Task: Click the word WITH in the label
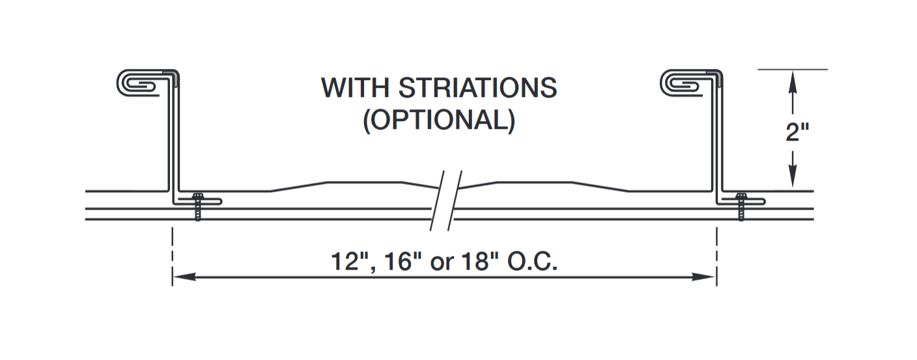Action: tap(356, 88)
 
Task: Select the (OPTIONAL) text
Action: tap(439, 122)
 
